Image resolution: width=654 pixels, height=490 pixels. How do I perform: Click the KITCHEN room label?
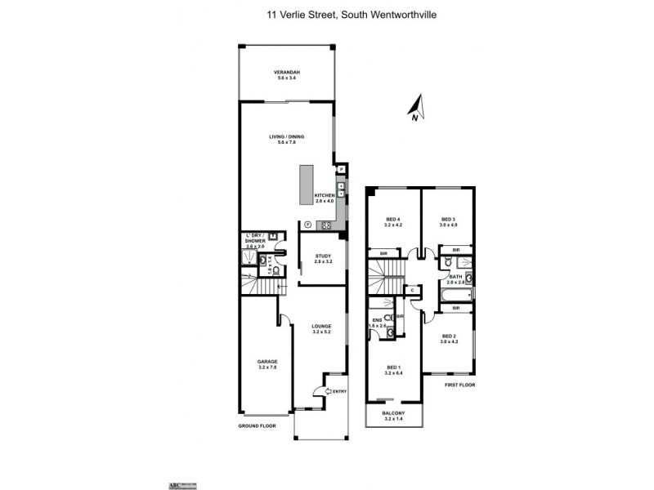click(325, 196)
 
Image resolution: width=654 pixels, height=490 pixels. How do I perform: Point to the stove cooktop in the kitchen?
click(325, 225)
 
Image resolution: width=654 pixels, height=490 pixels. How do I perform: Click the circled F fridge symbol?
click(307, 225)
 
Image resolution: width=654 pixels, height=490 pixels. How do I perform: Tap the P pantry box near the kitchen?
click(342, 169)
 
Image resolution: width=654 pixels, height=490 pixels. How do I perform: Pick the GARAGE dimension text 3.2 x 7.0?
click(267, 367)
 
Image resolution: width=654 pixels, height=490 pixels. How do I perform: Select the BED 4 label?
click(393, 219)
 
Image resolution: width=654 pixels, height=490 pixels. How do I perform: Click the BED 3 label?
click(447, 219)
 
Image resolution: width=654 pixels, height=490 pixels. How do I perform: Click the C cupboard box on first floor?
click(414, 289)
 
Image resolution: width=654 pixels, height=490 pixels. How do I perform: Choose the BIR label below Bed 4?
click(383, 254)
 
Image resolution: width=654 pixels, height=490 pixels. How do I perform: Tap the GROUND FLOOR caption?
click(258, 425)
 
